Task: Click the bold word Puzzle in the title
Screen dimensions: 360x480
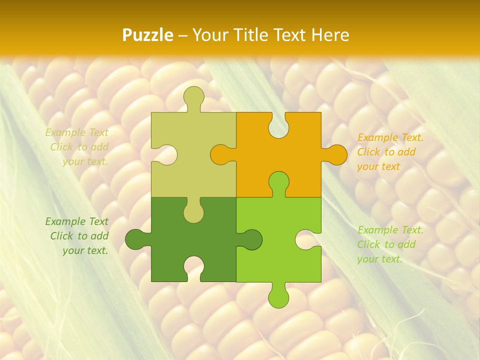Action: (x=148, y=35)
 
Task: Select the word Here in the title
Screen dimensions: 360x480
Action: (x=330, y=35)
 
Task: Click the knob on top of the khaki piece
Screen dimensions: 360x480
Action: (x=193, y=97)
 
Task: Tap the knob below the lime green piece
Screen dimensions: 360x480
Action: (x=278, y=296)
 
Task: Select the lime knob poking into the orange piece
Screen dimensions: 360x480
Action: (x=278, y=182)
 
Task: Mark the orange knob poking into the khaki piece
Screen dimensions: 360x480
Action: (x=221, y=154)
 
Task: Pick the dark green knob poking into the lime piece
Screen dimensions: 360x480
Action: (x=251, y=239)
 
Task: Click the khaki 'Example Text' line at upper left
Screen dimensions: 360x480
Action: (x=77, y=132)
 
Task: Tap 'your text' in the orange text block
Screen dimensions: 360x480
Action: (x=378, y=166)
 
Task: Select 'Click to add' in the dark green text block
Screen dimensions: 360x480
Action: (x=79, y=236)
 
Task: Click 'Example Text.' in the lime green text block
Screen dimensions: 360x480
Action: (x=390, y=230)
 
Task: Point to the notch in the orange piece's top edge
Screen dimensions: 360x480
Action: (x=278, y=125)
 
